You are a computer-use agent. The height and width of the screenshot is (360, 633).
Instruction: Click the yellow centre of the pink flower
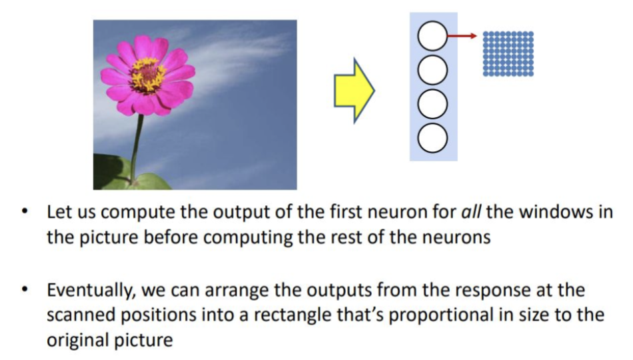147,75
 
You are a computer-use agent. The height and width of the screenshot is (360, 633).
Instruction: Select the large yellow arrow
354,91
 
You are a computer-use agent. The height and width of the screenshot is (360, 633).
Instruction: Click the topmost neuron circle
432,36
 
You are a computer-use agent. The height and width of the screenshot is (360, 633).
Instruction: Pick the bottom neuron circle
432,138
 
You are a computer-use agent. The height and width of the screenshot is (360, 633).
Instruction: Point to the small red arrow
462,36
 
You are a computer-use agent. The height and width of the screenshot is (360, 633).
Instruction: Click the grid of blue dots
508,54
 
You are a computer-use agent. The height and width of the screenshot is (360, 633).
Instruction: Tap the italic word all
471,212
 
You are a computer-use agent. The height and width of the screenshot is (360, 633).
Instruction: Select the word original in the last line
78,340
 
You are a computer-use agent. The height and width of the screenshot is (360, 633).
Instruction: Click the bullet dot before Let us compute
25,211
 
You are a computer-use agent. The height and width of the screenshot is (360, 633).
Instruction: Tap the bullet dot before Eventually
25,290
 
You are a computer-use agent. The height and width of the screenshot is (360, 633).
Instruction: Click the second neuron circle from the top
432,70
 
